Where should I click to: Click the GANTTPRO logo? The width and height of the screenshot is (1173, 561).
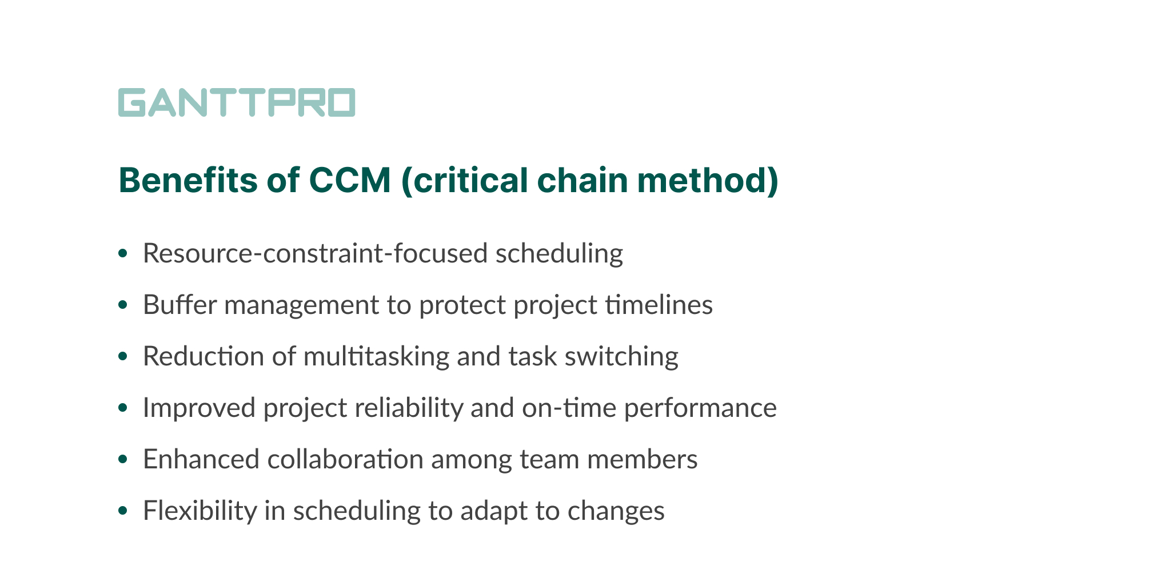(236, 102)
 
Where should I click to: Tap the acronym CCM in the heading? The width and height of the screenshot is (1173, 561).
(350, 181)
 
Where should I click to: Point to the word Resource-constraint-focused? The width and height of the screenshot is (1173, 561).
(315, 253)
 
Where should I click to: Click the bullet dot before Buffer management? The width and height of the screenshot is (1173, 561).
(121, 305)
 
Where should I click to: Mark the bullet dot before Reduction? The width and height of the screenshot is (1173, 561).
(121, 357)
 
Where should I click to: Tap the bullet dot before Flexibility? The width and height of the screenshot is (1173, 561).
(121, 511)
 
